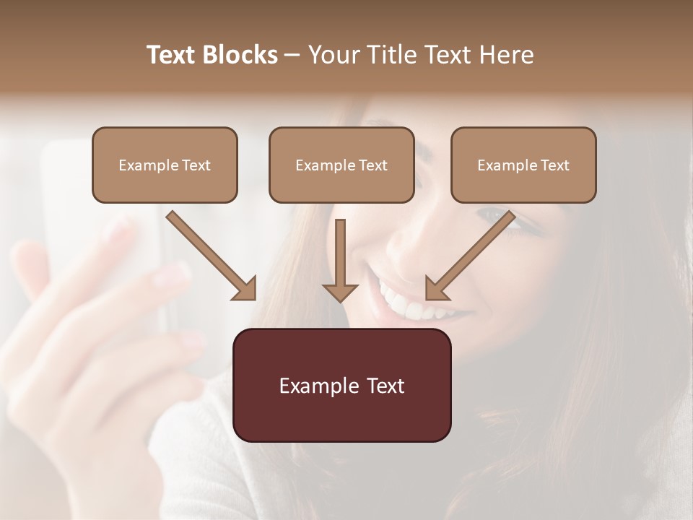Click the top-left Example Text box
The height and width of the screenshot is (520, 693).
point(165,165)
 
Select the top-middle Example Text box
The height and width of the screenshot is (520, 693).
point(341,165)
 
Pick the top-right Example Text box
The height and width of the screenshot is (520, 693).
point(523,165)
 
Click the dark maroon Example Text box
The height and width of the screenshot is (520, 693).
point(341,385)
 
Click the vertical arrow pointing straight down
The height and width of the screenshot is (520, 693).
point(340,260)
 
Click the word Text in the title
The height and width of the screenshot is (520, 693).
point(174,55)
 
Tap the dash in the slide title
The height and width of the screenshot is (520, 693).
point(293,55)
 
